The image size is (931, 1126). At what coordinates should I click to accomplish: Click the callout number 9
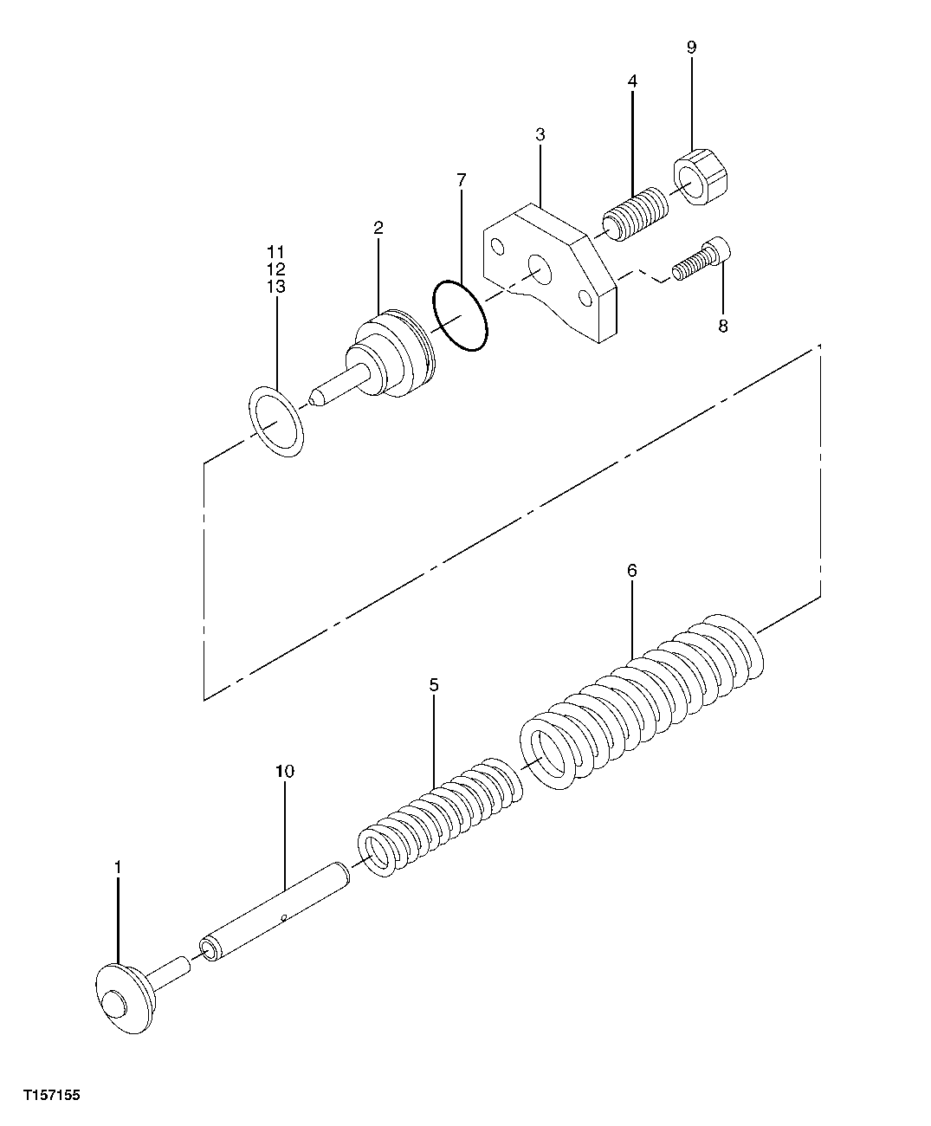tap(691, 47)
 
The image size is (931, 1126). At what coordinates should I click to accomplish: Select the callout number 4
tap(632, 81)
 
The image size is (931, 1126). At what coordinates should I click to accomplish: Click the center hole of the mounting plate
tap(539, 269)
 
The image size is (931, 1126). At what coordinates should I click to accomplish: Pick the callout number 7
tap(461, 180)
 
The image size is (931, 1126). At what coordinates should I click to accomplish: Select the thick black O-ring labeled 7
tap(460, 315)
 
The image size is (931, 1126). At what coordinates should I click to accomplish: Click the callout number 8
tap(722, 326)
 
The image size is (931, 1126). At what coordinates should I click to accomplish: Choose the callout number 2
tap(378, 228)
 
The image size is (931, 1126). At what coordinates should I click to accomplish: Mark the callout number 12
tap(276, 269)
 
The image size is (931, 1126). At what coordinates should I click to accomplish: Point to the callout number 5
tap(434, 685)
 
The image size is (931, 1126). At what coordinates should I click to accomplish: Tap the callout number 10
tap(285, 771)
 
